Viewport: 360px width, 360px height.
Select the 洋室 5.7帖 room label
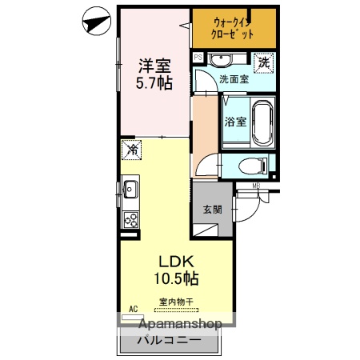click(154, 73)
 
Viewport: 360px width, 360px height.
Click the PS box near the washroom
click(198, 58)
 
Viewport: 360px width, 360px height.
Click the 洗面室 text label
click(234, 79)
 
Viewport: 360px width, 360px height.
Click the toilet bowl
click(252, 166)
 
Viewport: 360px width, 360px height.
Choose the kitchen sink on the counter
click(130, 190)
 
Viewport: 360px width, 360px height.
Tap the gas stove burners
click(130, 218)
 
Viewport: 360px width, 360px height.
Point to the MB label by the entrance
click(257, 187)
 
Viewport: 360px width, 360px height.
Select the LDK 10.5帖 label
click(176, 270)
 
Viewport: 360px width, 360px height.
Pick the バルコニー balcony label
click(168, 339)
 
